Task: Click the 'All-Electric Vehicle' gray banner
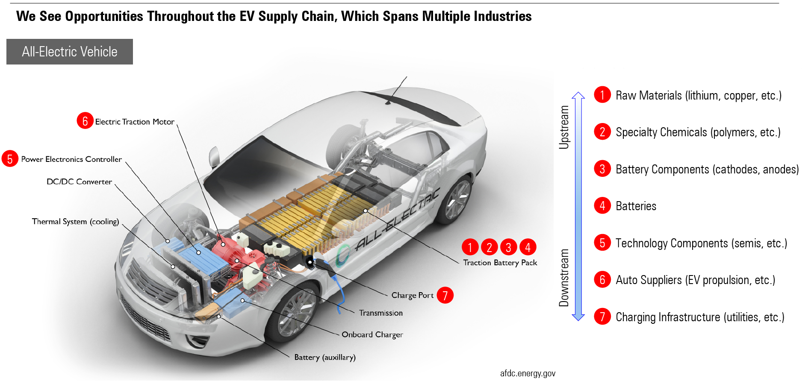point(69,52)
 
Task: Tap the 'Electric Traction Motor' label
point(134,122)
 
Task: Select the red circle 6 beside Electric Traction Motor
point(85,121)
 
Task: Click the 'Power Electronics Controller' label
point(71,159)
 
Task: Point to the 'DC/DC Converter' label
point(79,182)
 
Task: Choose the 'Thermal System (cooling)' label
point(75,221)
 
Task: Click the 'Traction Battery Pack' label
point(500,263)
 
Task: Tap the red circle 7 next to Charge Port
point(445,295)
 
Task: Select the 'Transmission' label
point(380,313)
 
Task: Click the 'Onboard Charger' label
point(372,334)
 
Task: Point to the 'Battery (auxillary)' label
point(324,357)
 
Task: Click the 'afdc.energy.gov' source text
point(528,373)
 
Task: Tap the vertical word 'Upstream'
point(564,127)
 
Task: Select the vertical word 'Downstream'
point(564,278)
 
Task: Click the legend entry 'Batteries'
point(636,206)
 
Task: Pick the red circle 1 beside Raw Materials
point(602,95)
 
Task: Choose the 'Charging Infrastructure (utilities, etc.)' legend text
point(700,317)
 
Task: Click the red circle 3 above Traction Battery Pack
point(508,247)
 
